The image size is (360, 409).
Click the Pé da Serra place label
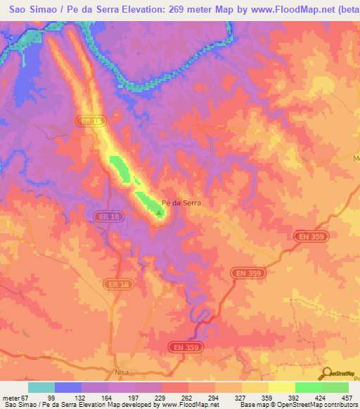(181, 202)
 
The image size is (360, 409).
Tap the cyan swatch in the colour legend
(41, 387)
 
